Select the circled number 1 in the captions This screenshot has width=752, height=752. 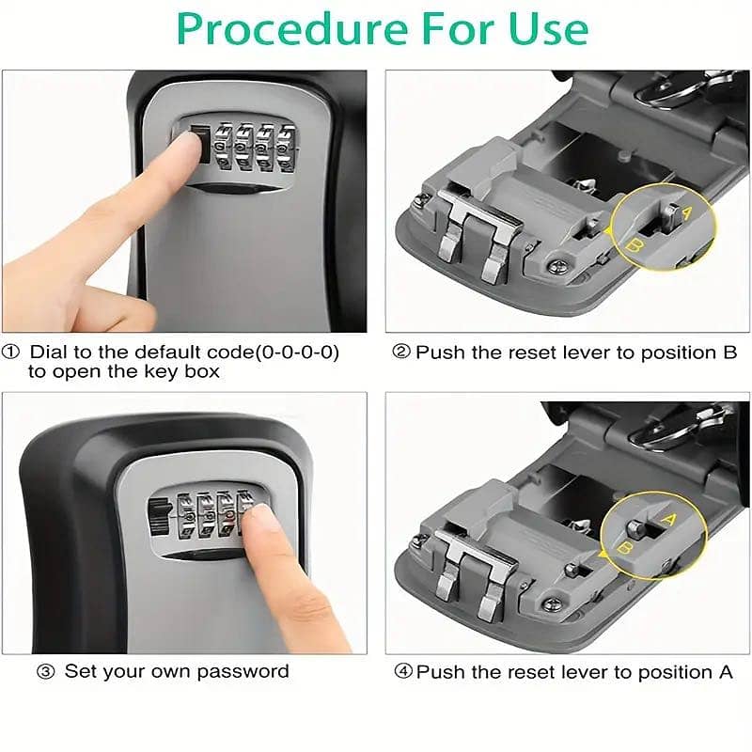[x=11, y=352]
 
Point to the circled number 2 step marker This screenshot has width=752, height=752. [x=401, y=352]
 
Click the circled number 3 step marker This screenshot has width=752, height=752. [x=45, y=672]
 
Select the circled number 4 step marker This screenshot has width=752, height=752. [x=402, y=672]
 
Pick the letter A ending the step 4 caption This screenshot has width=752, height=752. [x=726, y=672]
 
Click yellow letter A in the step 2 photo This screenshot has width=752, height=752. [x=685, y=213]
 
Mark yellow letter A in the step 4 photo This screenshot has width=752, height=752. [x=668, y=519]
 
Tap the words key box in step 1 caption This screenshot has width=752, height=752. [x=188, y=371]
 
